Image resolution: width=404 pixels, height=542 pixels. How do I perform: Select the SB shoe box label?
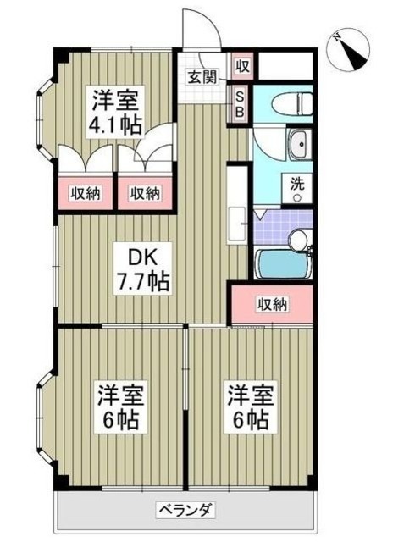241,103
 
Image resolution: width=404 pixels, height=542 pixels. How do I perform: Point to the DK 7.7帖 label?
142,268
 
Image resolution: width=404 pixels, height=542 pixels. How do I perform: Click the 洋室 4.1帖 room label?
117,110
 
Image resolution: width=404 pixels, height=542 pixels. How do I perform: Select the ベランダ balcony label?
187,510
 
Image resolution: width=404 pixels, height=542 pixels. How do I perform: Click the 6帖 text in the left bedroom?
117,420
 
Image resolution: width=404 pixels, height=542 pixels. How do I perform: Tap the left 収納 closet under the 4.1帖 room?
85,193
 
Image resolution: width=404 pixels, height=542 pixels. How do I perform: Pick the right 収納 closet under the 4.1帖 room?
144,193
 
